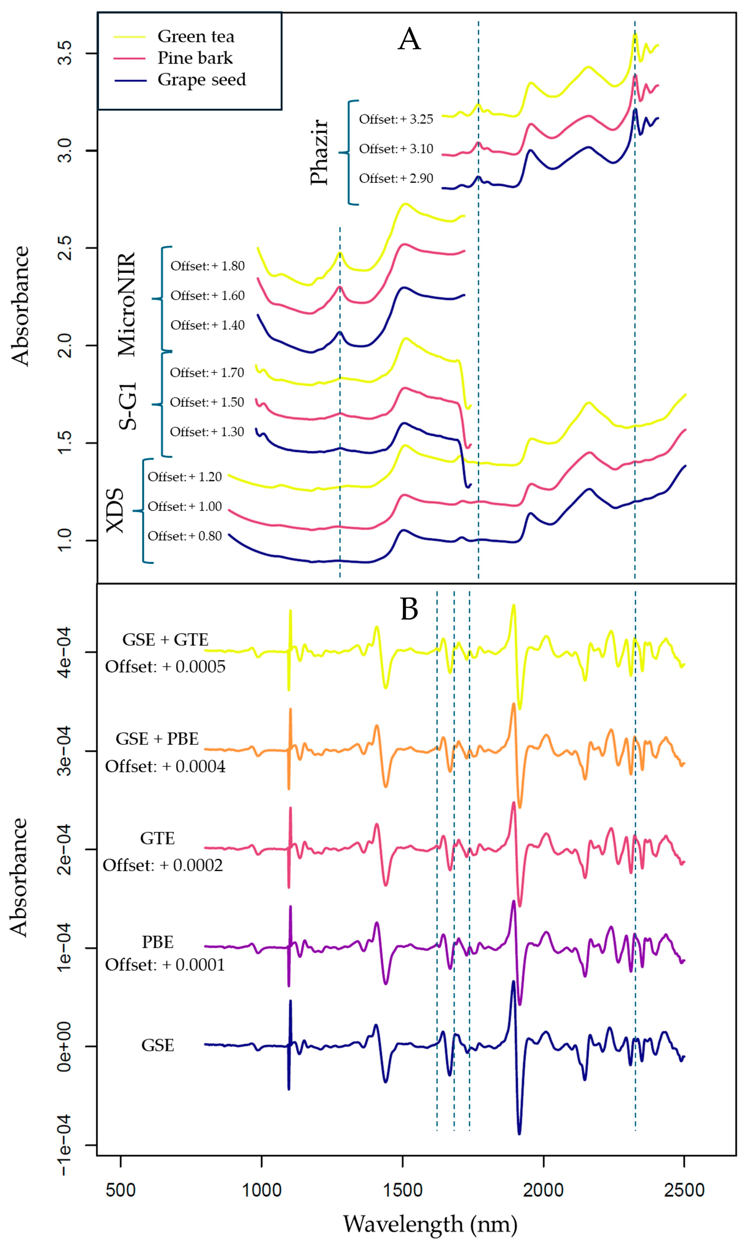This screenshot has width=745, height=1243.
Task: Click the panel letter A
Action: (409, 39)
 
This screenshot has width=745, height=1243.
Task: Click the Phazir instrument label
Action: (319, 153)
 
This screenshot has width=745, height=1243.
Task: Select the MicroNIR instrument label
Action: (127, 304)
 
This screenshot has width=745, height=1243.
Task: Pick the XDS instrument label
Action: (116, 510)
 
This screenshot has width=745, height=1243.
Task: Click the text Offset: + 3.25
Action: (395, 119)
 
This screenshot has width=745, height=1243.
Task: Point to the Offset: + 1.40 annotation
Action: (207, 325)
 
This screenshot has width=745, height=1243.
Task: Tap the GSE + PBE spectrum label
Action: (157, 739)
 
